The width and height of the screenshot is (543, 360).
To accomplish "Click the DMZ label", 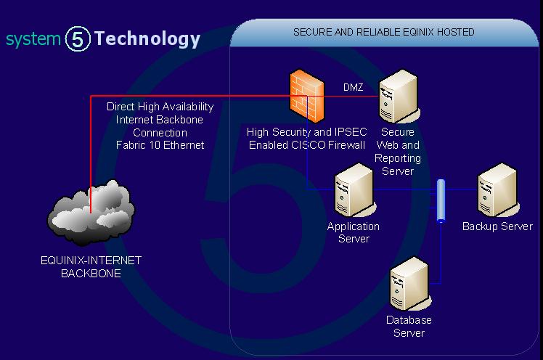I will pyautogui.click(x=354, y=88).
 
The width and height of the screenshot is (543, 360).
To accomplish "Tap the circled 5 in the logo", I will pyautogui.click(x=78, y=39).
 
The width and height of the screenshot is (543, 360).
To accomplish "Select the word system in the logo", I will pyautogui.click(x=33, y=39).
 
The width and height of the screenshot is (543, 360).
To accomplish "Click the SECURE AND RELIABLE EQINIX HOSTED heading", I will pyautogui.click(x=383, y=32).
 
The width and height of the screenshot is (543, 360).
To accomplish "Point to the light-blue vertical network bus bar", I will pyautogui.click(x=441, y=201).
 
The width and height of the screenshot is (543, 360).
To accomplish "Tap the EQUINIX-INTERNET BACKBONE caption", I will pyautogui.click(x=91, y=267).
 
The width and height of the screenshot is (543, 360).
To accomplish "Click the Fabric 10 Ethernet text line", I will pyautogui.click(x=160, y=145).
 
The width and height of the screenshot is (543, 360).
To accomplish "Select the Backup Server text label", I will pyautogui.click(x=497, y=226).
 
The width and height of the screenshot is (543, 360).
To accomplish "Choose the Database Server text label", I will pyautogui.click(x=409, y=326).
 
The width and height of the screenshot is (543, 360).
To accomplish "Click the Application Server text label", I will pyautogui.click(x=354, y=232).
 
